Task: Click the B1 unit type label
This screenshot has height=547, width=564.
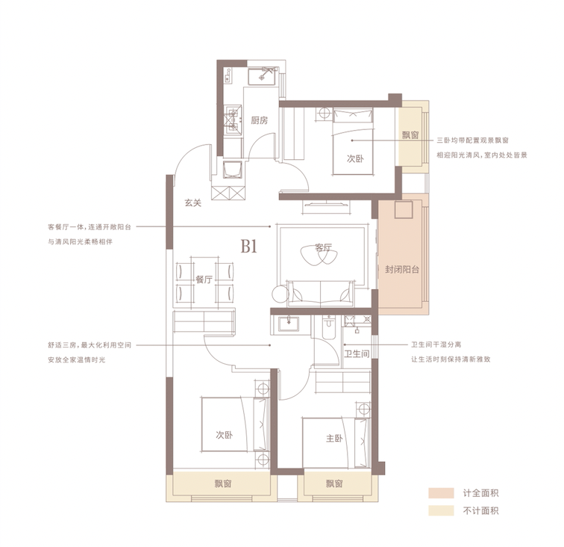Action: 249,247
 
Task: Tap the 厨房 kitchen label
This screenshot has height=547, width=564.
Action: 260,120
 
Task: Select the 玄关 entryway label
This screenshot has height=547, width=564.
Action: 192,203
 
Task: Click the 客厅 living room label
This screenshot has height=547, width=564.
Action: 323,247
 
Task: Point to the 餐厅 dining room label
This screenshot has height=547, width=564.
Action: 204,279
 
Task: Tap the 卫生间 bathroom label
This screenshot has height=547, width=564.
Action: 357,354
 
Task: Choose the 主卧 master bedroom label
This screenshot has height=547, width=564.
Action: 334,439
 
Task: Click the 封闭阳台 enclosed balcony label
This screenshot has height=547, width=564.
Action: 402,270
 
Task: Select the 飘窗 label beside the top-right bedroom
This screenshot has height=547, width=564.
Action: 410,135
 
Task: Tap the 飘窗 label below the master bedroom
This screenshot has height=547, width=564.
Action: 334,483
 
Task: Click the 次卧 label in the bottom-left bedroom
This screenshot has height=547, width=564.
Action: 224,435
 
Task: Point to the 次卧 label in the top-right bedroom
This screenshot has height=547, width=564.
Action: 355,158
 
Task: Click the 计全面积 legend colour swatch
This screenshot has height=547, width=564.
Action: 441,493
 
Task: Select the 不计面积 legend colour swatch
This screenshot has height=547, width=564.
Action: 441,510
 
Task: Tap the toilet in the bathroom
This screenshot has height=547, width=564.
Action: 329,327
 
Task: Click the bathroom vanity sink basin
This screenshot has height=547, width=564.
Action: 289,323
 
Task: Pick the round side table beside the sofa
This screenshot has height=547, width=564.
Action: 281,294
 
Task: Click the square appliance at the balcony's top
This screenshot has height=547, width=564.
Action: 403,210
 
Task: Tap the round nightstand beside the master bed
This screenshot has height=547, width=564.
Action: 364,410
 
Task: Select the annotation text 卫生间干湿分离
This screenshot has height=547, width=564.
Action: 436,344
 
